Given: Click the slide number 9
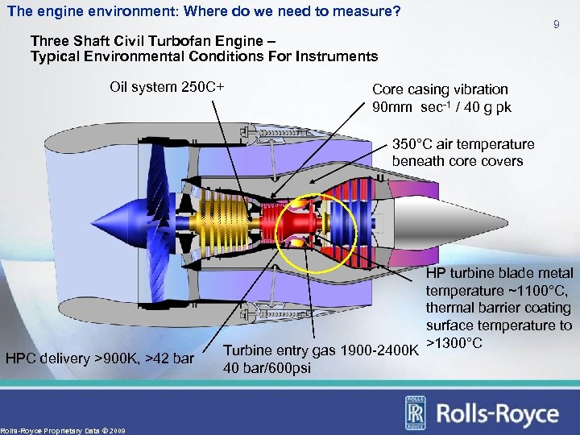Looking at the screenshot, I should point(556,26).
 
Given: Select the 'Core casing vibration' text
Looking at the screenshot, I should point(440,89).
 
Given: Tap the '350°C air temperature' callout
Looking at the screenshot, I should point(462,144).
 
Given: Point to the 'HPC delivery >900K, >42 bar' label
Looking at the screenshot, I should point(100,358).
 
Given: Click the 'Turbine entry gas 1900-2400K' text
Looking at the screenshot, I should point(321,350).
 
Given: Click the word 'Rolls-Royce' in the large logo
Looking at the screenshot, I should point(497,413).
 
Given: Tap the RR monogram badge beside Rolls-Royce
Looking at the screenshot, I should point(417,413).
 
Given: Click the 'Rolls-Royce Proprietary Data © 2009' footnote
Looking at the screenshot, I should point(63,430).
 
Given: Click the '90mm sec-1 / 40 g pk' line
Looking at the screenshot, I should point(441,107).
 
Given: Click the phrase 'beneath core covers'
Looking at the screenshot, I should point(457,161).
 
